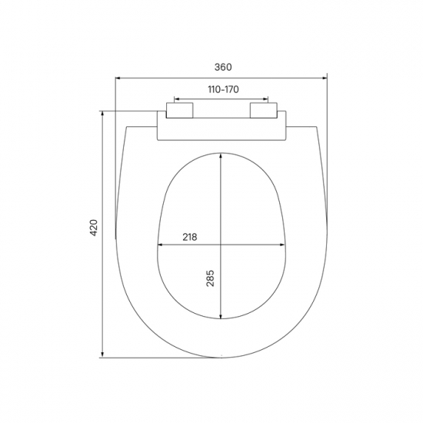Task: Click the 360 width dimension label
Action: pos(223,67)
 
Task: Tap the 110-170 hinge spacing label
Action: pos(223,89)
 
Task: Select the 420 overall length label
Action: pos(94,228)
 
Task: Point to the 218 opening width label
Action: pos(190,237)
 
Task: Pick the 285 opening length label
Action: pos(210,278)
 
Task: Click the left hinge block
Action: pos(179,110)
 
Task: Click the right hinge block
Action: pos(264,110)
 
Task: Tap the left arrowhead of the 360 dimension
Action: pos(118,78)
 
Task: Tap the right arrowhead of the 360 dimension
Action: pos(325,78)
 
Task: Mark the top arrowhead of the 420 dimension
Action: pos(102,113)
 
